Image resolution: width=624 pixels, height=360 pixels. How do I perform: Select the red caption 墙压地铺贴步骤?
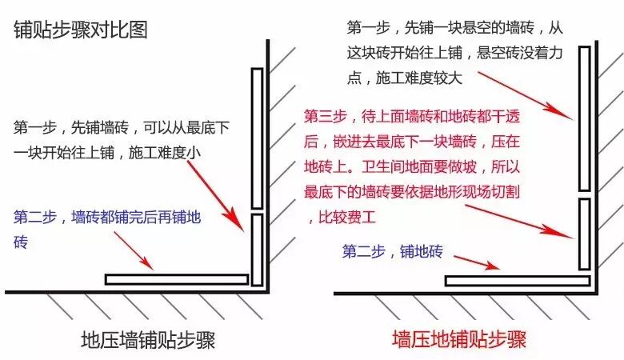[x=459, y=339]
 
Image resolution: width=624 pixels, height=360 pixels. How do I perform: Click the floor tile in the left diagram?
[x=176, y=279]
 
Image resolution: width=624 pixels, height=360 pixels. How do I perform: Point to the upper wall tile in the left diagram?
[x=257, y=138]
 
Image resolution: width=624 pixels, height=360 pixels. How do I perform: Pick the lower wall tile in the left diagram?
[x=257, y=250]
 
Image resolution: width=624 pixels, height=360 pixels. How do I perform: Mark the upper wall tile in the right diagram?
[x=585, y=118]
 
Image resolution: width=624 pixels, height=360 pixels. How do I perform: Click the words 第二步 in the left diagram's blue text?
[x=35, y=216]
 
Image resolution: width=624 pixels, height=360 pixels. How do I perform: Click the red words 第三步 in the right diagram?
[x=325, y=117]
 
